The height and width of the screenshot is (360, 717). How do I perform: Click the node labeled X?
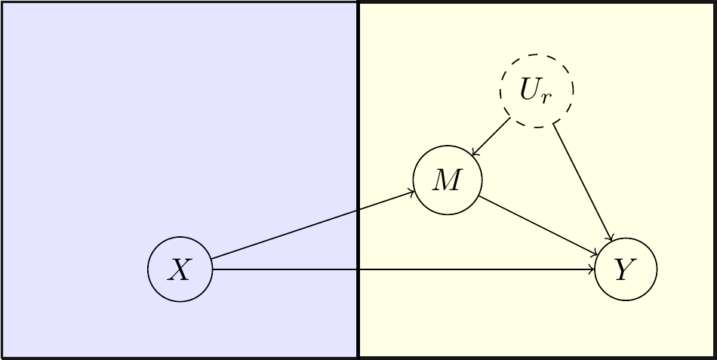180,269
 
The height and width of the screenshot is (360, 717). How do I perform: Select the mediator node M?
447,181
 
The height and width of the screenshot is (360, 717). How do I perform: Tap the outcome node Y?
626,269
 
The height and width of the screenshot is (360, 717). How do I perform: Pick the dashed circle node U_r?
537,91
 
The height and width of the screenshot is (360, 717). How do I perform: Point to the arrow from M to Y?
540,227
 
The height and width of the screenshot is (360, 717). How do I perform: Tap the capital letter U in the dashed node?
530,89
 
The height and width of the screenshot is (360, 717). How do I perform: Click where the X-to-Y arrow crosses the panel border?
358,269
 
